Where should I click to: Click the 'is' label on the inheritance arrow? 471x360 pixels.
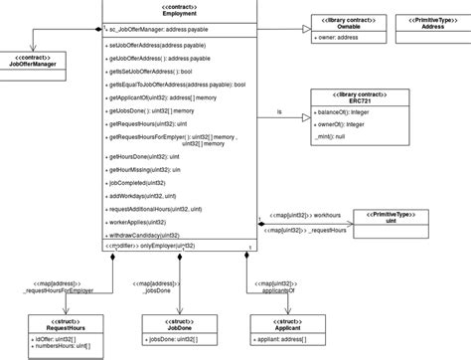281,112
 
